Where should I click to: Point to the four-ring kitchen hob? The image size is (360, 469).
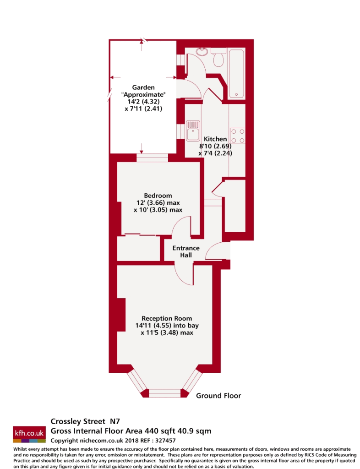pyautogui.click(x=237, y=135)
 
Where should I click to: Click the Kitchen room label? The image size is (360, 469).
pyautogui.click(x=215, y=139)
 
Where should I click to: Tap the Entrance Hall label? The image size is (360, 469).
pyautogui.click(x=182, y=251)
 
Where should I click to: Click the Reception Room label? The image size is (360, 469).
pyautogui.click(x=167, y=318)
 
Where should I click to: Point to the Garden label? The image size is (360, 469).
pyautogui.click(x=143, y=87)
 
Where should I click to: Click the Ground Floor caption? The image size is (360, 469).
pyautogui.click(x=218, y=396)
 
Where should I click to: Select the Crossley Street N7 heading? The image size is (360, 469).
pyautogui.click(x=85, y=421)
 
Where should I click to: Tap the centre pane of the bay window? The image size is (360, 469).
pyautogui.click(x=165, y=393)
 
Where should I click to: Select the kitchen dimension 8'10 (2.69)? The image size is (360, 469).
pyautogui.click(x=215, y=147)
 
